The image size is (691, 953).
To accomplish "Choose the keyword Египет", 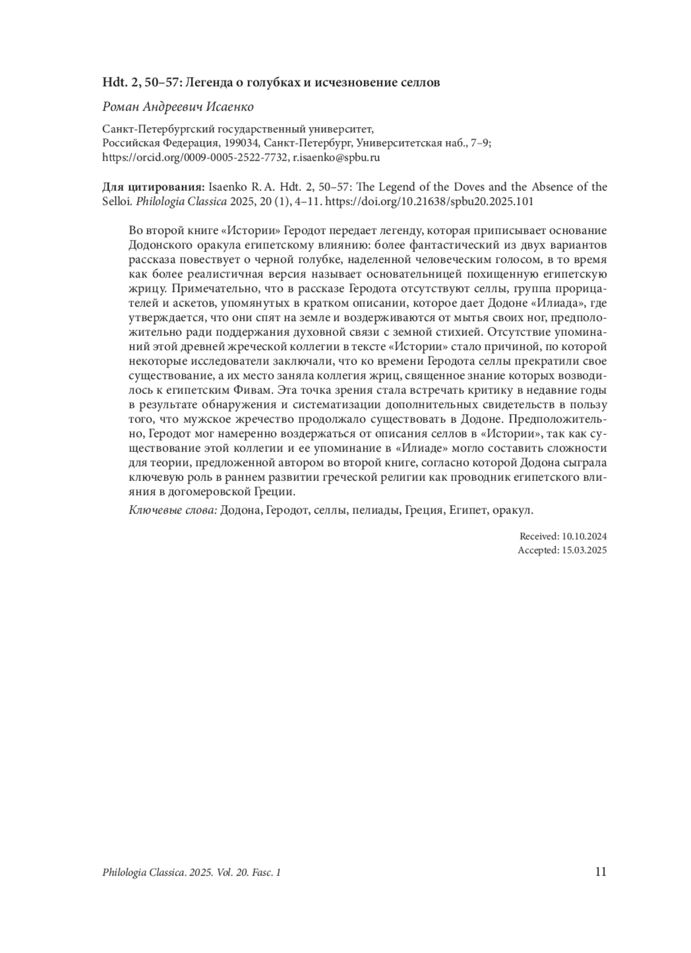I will [x=465, y=510].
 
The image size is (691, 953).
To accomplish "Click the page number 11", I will [x=600, y=871].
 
